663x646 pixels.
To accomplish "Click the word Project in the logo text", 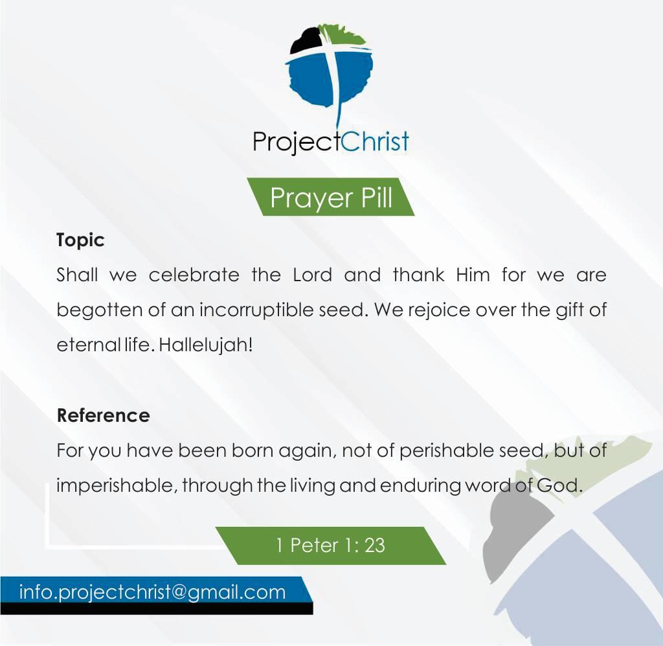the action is click(297, 142).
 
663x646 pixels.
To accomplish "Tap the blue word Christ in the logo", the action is click(375, 141).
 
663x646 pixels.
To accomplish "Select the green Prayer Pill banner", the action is click(331, 197).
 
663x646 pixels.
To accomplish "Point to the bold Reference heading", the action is click(103, 415).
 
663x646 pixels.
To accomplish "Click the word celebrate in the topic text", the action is click(194, 275).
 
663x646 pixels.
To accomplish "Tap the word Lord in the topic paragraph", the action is click(313, 275).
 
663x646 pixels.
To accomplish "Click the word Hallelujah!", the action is click(206, 345).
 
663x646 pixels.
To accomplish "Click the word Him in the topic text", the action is click(473, 275).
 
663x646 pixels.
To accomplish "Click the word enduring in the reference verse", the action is click(420, 486).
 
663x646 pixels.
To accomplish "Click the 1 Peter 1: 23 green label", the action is click(331, 546).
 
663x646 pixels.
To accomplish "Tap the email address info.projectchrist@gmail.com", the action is click(153, 592).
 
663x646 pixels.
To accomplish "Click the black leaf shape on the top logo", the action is click(306, 40).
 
